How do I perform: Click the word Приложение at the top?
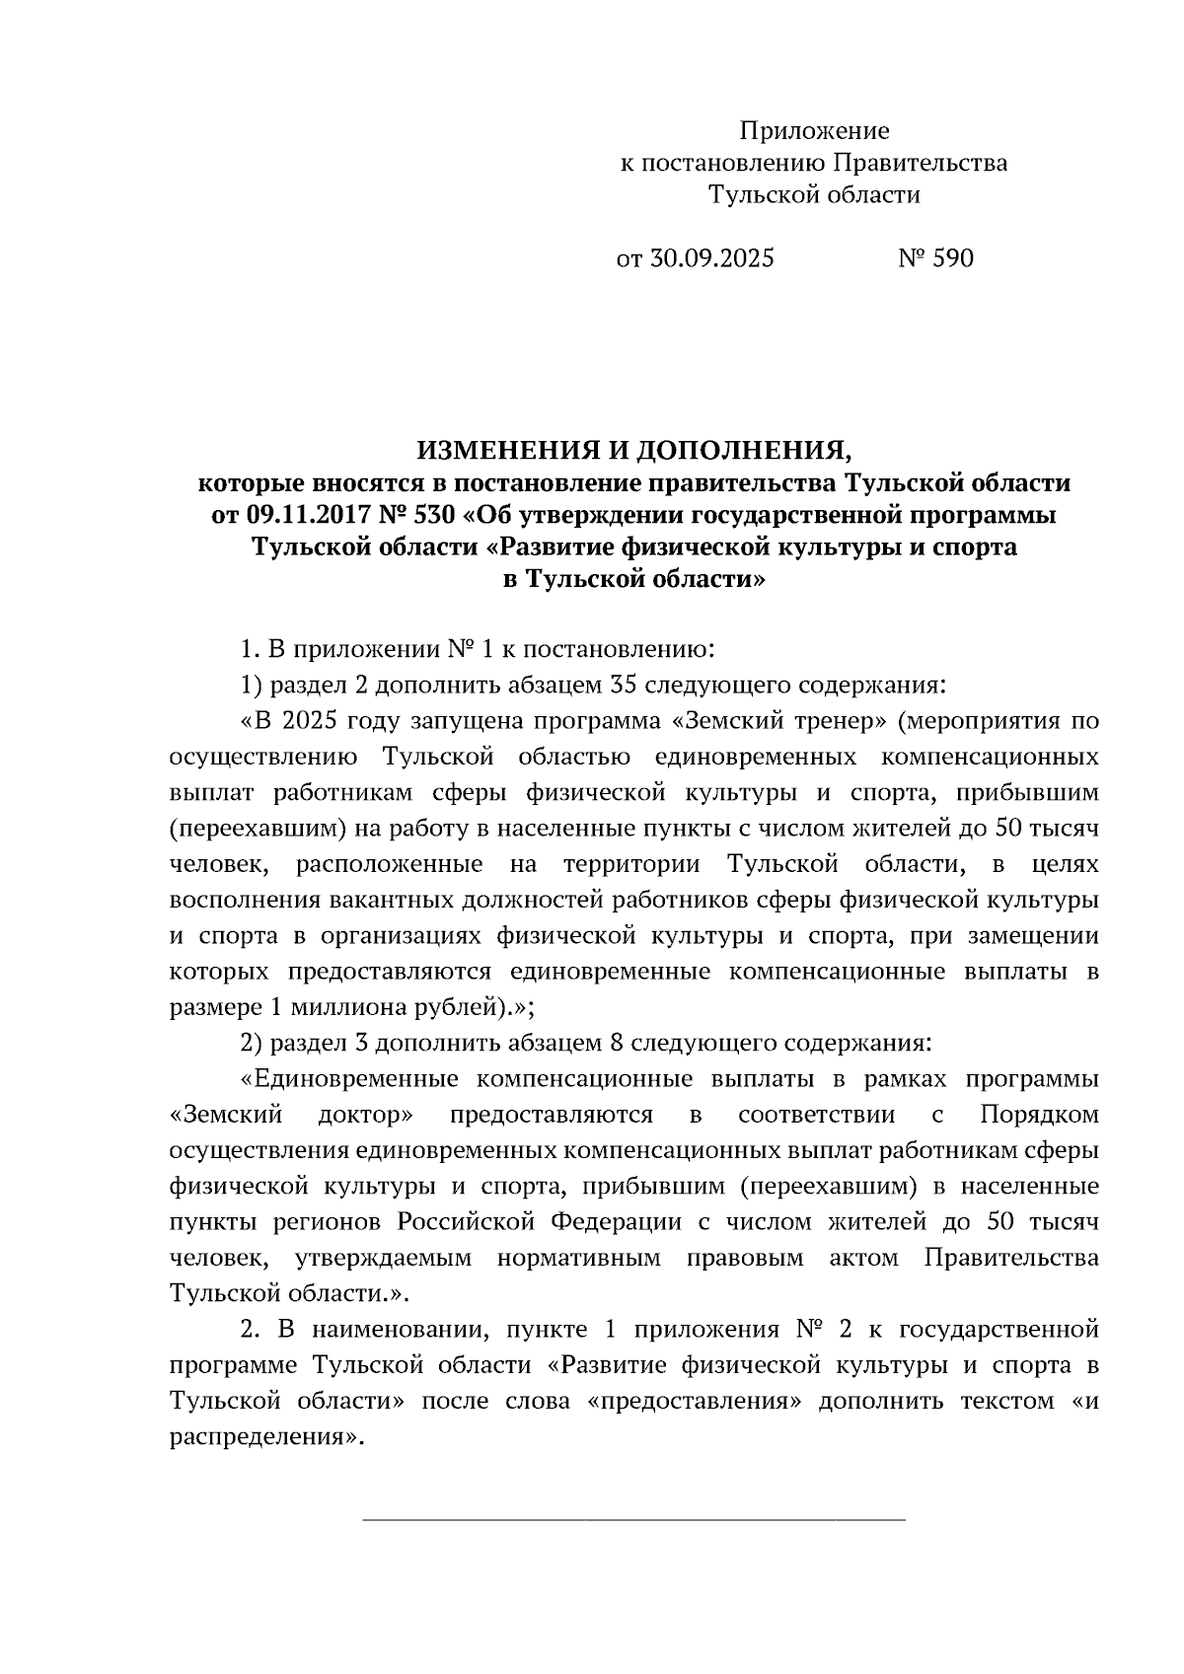[x=815, y=131]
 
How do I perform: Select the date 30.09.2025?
[x=710, y=258]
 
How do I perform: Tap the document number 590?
[x=952, y=258]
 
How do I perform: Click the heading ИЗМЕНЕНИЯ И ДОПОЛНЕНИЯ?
[x=633, y=451]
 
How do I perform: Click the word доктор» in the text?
[x=365, y=1115]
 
